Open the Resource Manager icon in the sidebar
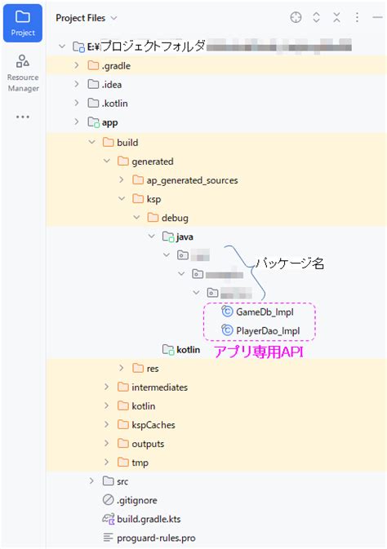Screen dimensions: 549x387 [x=23, y=72]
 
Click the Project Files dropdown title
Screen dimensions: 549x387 [x=86, y=17]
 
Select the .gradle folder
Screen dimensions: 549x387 [x=116, y=66]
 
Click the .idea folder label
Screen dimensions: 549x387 [x=113, y=85]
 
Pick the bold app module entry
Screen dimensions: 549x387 [x=110, y=123]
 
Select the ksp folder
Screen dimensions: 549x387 [x=153, y=198]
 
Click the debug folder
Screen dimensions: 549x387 [x=175, y=218]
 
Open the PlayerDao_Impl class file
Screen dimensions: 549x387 [x=268, y=330]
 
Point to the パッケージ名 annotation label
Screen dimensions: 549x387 [x=290, y=263]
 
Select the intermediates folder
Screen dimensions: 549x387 [x=158, y=387]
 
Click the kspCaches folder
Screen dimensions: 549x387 [x=153, y=425]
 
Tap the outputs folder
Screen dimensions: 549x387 [x=147, y=444]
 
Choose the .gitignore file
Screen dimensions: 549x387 [x=136, y=500]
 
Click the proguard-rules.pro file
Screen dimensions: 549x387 [x=155, y=538]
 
